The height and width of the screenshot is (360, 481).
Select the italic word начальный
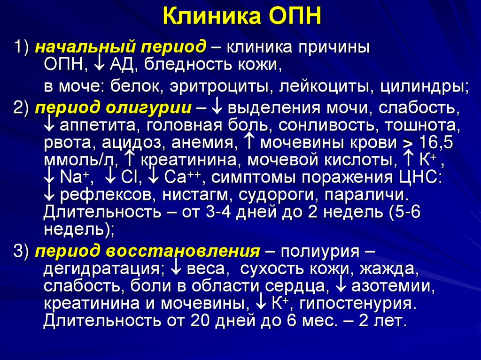pos(78,47)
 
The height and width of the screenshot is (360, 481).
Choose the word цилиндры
pos(425,87)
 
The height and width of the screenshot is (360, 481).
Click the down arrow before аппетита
pos(50,125)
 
